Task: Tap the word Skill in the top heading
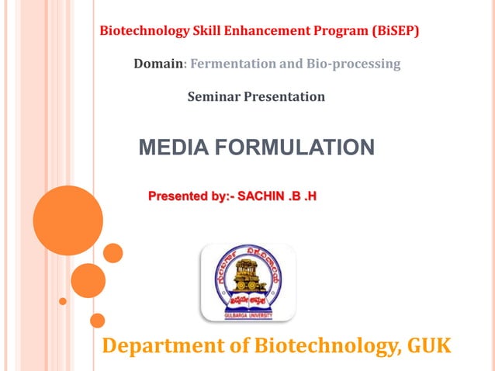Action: [210, 32]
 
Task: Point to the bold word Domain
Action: [158, 64]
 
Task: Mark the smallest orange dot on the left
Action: [63, 300]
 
